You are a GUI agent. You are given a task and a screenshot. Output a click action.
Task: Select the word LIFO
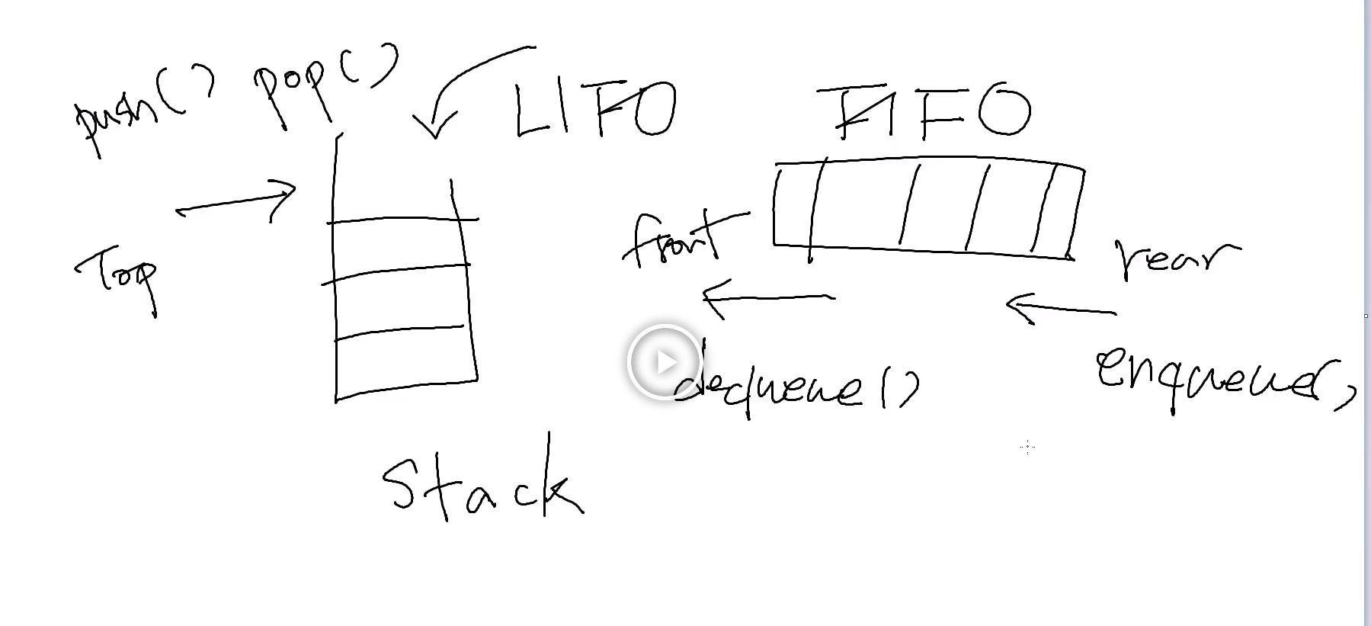594,111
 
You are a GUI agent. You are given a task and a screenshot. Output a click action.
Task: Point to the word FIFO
926,113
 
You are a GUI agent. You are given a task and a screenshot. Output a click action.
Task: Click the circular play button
664,362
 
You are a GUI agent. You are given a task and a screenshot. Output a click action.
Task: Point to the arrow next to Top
236,202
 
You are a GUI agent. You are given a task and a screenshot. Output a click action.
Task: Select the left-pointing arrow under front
766,297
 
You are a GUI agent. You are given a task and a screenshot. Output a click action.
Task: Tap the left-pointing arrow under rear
1059,308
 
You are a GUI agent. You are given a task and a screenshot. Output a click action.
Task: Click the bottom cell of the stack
404,362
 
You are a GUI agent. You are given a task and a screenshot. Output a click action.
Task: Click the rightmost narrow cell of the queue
1064,210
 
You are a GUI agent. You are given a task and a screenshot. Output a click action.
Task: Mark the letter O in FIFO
1004,113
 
